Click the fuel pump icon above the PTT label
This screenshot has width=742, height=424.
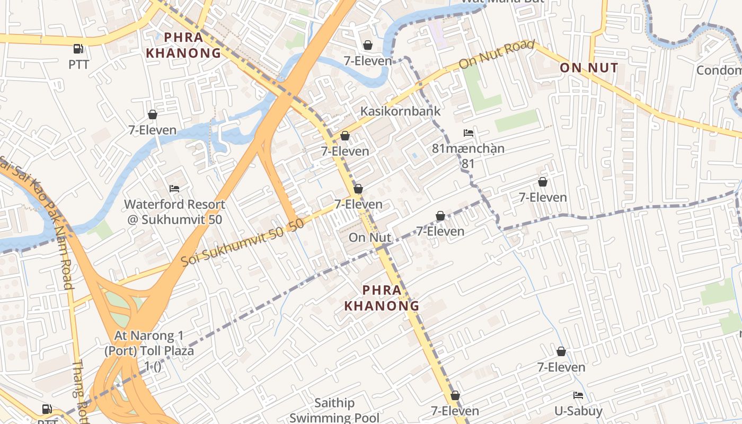coord(78,49)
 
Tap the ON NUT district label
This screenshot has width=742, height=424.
coord(589,68)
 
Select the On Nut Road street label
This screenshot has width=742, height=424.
coord(496,55)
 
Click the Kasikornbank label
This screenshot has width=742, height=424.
coord(400,111)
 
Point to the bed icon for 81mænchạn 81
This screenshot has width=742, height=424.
coord(468,132)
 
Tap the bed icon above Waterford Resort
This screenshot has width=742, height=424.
coord(174,188)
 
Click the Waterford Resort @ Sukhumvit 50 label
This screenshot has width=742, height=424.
coord(174,211)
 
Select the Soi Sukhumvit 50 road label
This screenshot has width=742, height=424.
coord(242,243)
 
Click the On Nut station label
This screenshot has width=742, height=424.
coord(369,237)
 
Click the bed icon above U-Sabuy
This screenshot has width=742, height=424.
coord(578,395)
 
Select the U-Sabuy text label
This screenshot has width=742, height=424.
coord(578,411)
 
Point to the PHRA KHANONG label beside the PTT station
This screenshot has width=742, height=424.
coord(183,45)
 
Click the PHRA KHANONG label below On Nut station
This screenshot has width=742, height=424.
coord(382,298)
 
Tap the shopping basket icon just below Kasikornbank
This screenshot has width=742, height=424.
coord(345,136)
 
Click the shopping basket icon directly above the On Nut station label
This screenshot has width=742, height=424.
coord(358,189)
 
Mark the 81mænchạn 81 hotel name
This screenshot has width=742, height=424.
coord(468,156)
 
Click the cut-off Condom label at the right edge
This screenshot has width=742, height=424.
coord(719,70)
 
